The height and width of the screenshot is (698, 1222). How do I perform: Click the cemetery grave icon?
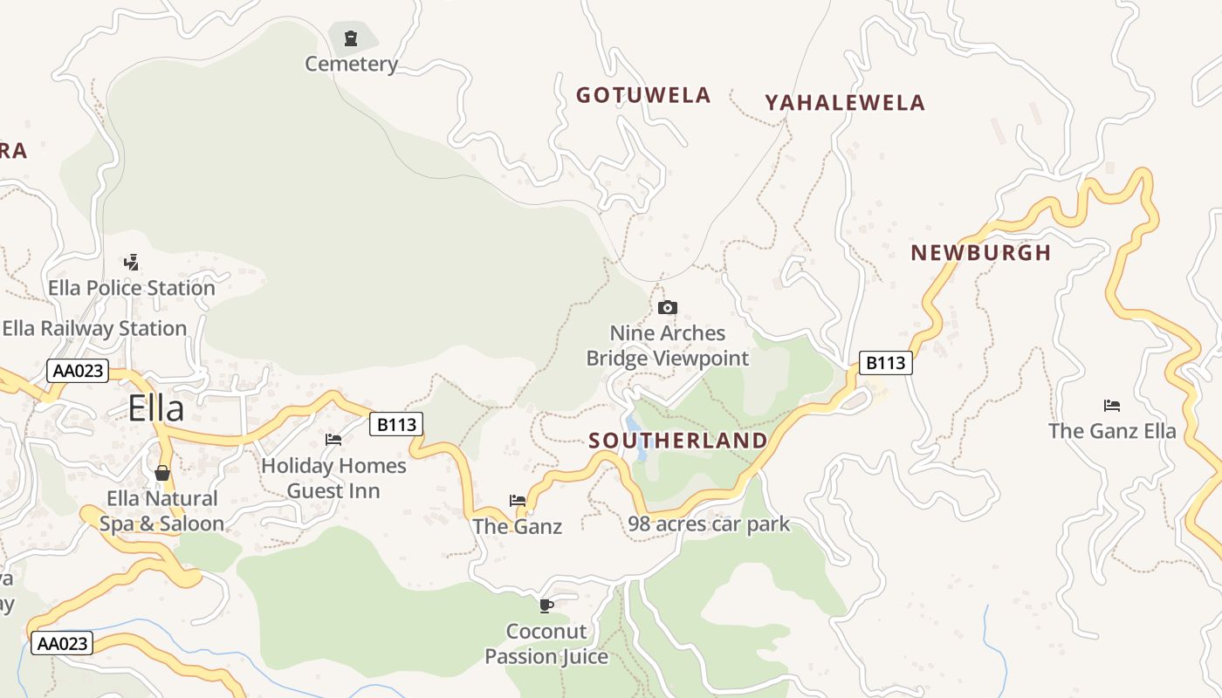351,38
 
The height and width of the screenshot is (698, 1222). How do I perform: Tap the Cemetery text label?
351,64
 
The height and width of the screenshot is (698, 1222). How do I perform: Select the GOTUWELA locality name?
643,95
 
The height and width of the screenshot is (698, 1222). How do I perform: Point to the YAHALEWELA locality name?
844,103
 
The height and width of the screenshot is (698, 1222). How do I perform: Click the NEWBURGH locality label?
980,253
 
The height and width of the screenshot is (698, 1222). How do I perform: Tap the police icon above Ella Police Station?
132,262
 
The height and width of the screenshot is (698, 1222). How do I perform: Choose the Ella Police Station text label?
132,288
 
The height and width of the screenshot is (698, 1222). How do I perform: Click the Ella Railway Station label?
94,329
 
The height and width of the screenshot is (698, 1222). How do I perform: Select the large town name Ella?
156,408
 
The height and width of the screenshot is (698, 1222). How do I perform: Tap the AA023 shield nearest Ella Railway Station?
78,371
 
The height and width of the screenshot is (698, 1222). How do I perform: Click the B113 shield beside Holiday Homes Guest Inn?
396,425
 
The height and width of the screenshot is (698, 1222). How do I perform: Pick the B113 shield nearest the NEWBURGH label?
885,362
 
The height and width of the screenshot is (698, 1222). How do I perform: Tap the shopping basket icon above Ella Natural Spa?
162,473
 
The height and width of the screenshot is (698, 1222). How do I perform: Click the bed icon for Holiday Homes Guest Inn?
333,440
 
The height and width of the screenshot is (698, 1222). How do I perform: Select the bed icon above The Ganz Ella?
1111,405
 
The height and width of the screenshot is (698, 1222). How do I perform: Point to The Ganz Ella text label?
1111,431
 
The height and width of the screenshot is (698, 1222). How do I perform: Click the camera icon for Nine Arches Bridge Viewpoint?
667,307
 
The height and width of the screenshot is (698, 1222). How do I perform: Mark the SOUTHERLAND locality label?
677,441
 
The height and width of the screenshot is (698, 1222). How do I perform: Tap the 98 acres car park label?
708,524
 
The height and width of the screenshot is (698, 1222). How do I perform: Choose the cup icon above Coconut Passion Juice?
546,606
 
